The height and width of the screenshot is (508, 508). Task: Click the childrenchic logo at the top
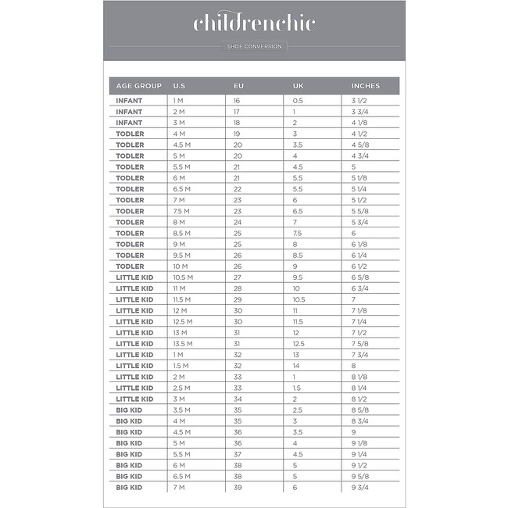click(x=254, y=23)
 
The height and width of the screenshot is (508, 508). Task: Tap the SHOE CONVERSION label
click(x=254, y=47)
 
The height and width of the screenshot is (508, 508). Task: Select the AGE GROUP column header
click(x=139, y=85)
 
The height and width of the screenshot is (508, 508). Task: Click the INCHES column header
click(x=366, y=85)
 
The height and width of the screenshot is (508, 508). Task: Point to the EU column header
click(x=238, y=85)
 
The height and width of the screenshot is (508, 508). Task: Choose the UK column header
click(x=298, y=85)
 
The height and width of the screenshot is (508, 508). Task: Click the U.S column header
click(x=179, y=85)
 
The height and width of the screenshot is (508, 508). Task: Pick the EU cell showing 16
click(x=237, y=101)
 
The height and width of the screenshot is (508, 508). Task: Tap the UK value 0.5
click(x=298, y=101)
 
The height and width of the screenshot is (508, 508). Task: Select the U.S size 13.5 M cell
click(x=183, y=344)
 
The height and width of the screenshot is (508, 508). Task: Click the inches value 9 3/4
click(x=360, y=488)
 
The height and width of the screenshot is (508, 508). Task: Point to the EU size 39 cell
click(x=238, y=488)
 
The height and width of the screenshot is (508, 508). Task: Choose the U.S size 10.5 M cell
click(x=183, y=277)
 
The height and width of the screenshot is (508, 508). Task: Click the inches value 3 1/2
click(x=360, y=101)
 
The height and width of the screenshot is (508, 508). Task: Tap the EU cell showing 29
click(x=238, y=299)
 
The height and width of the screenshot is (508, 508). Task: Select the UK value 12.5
click(x=299, y=344)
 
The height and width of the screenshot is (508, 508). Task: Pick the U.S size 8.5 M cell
click(x=181, y=233)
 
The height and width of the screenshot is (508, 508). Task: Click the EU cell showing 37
click(x=238, y=454)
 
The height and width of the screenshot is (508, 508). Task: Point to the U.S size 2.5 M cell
click(x=181, y=388)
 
